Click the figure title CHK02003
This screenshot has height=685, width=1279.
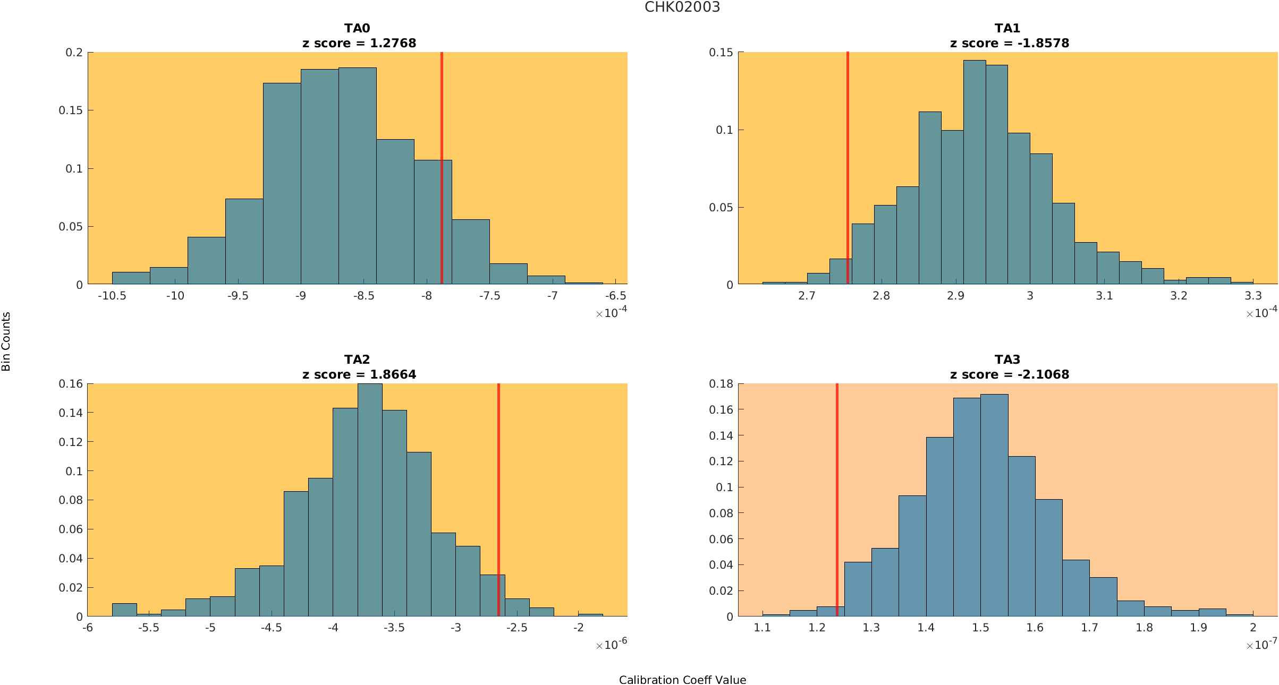point(682,7)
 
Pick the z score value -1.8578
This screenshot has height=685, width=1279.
point(1043,43)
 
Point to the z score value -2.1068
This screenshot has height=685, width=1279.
point(1043,374)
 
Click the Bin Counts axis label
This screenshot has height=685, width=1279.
point(6,341)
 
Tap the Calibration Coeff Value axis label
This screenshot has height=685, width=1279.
point(682,680)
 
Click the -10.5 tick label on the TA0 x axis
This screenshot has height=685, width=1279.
point(112,296)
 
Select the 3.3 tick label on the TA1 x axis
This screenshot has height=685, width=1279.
point(1253,296)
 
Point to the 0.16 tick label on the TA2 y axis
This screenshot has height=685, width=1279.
point(71,384)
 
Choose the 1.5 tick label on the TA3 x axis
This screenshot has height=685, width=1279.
point(980,628)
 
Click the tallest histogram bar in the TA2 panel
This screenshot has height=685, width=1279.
point(370,499)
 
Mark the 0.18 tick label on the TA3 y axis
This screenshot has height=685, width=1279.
point(721,384)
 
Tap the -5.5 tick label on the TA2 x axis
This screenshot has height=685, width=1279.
point(149,628)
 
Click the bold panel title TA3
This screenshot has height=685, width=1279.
point(1007,359)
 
